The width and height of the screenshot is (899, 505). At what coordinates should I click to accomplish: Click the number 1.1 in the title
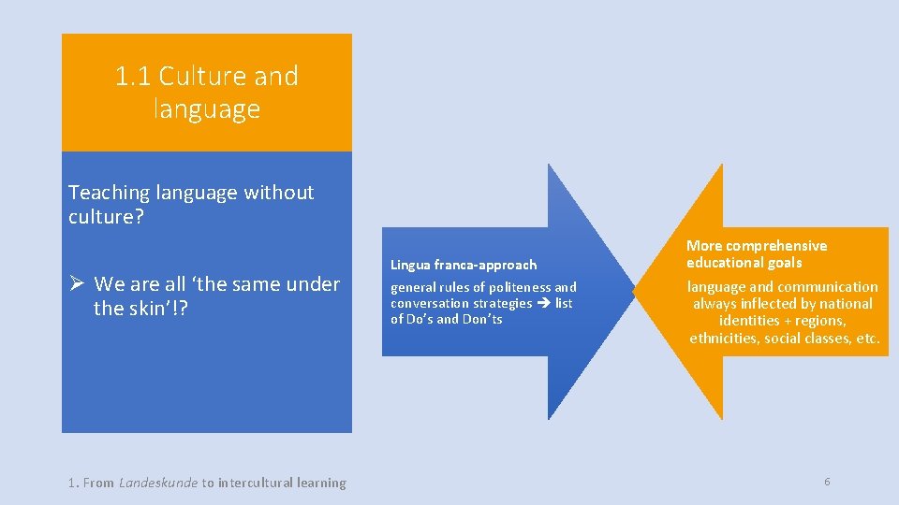tap(133, 76)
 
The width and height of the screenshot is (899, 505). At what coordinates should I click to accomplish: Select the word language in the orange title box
tap(206, 109)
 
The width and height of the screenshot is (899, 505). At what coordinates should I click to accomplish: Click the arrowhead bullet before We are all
tap(78, 283)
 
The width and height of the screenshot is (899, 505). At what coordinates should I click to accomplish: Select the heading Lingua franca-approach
tap(464, 265)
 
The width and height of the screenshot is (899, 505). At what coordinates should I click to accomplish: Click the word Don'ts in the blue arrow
tap(482, 319)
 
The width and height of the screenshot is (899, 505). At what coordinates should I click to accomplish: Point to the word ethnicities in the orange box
tap(723, 338)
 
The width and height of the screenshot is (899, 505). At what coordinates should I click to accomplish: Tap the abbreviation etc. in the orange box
tap(868, 338)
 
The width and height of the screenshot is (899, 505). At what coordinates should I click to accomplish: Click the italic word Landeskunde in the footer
tap(158, 483)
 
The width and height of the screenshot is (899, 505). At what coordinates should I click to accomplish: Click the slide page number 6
tap(827, 482)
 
